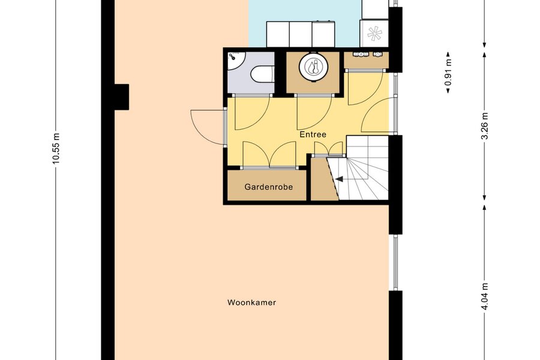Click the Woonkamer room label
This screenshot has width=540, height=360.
pyautogui.click(x=251, y=303)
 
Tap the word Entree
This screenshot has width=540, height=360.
pyautogui.click(x=313, y=134)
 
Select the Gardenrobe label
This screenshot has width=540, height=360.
pyautogui.click(x=269, y=187)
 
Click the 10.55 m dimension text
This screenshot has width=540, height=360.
pyautogui.click(x=56, y=148)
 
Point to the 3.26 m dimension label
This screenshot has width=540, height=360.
pyautogui.click(x=485, y=126)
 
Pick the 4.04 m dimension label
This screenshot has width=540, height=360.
pyautogui.click(x=485, y=296)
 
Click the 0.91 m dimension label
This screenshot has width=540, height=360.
pyautogui.click(x=448, y=73)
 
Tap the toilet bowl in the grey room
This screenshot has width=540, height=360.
pyautogui.click(x=263, y=74)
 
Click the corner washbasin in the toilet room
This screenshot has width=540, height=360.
pyautogui.click(x=236, y=61)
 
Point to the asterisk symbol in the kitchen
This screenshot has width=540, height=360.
pyautogui.click(x=374, y=34)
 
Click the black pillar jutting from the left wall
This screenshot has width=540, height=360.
pyautogui.click(x=122, y=97)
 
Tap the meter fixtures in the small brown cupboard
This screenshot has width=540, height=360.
pyautogui.click(x=367, y=54)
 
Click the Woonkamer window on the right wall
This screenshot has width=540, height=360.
pyautogui.click(x=395, y=263)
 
